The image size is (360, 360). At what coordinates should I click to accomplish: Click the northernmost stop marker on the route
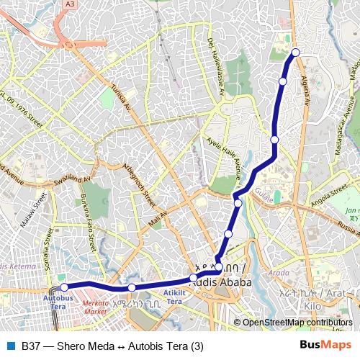coord(295,52)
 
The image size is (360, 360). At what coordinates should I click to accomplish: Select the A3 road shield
coord(71,4)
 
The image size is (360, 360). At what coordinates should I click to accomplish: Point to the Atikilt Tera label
coord(174,297)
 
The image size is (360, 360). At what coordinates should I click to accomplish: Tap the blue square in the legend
coord(10,346)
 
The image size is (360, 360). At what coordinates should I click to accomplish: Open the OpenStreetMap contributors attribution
coord(297,323)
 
